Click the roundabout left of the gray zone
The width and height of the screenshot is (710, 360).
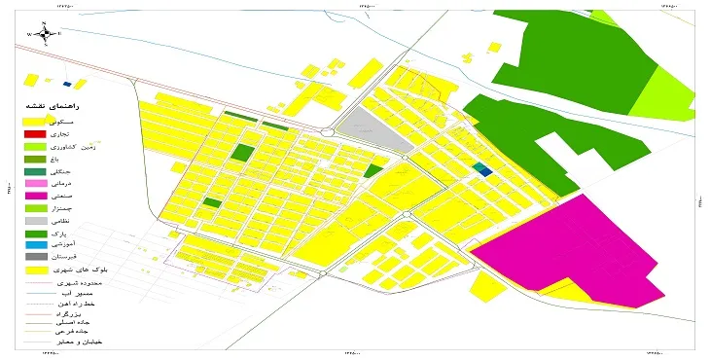(x=328, y=133)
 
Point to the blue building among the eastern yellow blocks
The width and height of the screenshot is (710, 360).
(x=483, y=169)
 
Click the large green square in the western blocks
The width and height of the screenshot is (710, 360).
(x=241, y=153)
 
